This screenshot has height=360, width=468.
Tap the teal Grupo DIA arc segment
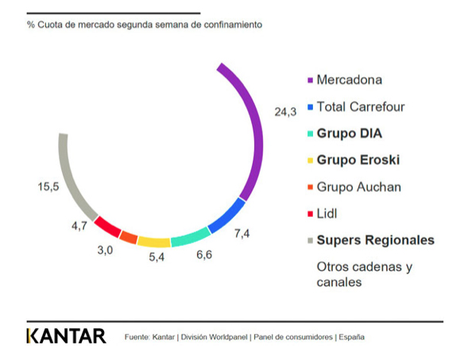point(191,236)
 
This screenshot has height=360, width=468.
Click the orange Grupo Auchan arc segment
point(129,236)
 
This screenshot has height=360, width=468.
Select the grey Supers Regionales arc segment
point(72,179)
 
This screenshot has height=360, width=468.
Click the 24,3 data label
point(285,112)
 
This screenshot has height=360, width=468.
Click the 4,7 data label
point(79,226)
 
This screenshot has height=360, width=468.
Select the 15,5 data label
point(48,187)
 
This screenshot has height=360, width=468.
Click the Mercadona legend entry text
point(349,79)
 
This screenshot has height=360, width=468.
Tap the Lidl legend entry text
point(328,213)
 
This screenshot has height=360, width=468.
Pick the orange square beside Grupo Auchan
point(309,188)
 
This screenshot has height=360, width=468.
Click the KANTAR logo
point(65,335)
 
